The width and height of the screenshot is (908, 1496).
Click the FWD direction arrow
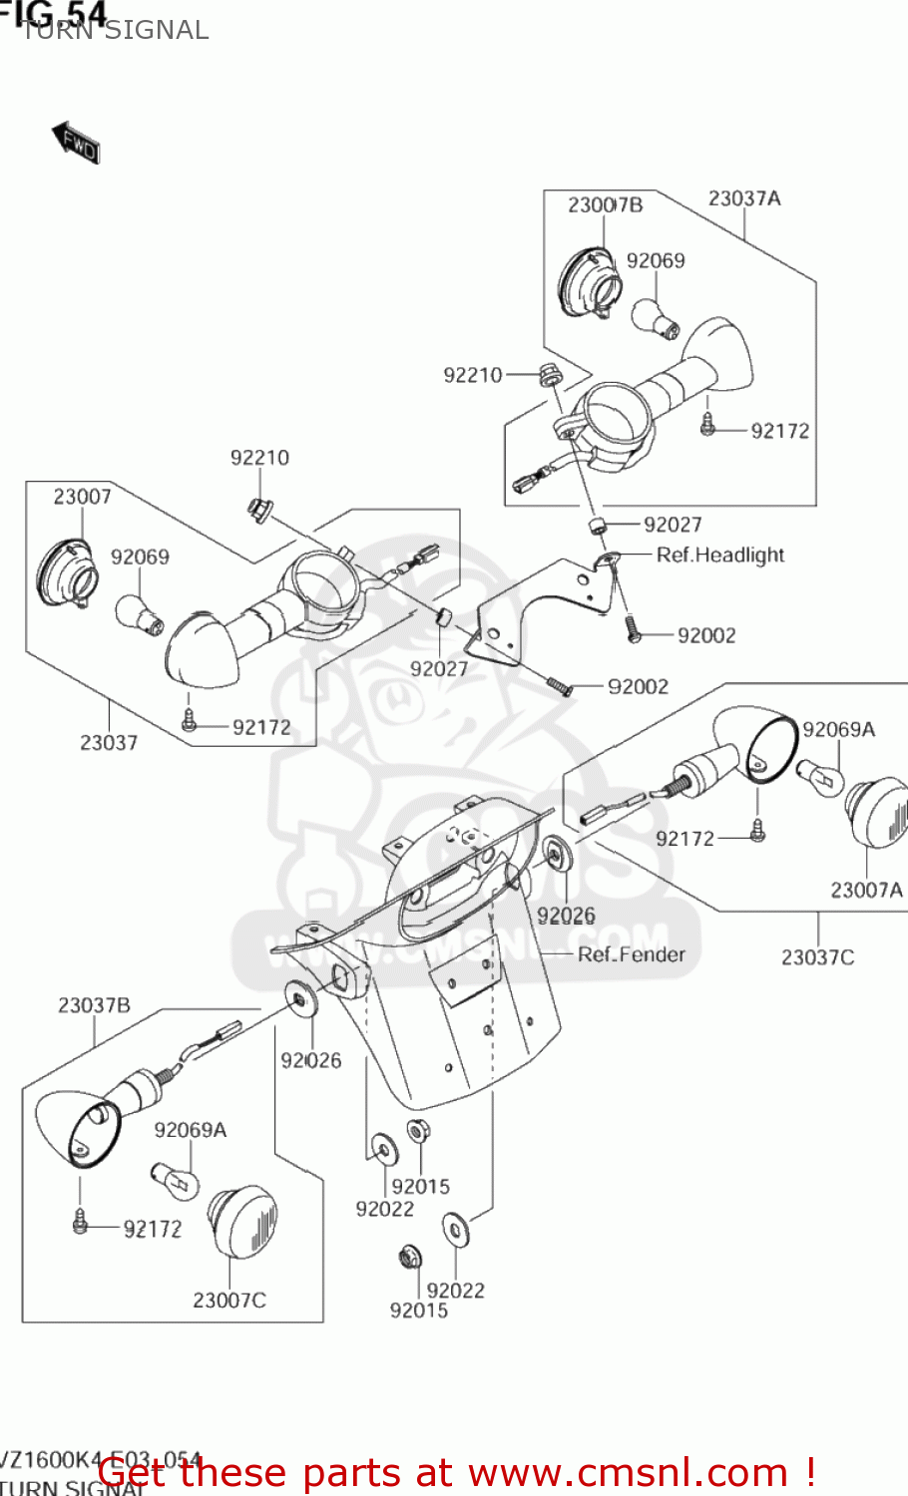(x=76, y=142)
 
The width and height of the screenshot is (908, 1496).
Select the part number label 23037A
(x=744, y=198)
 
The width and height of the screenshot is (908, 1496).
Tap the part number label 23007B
(x=605, y=205)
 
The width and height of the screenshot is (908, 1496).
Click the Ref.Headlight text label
(x=719, y=556)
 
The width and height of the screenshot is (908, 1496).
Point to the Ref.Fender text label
(x=632, y=954)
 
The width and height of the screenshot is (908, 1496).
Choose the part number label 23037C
(x=817, y=957)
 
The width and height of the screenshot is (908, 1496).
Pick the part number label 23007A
(x=866, y=890)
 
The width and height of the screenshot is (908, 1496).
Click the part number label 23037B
(x=94, y=1005)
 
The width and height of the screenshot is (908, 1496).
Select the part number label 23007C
(x=229, y=1301)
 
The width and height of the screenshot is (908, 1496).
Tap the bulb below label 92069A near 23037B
(x=175, y=1180)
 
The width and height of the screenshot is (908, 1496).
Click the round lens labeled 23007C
(x=243, y=1222)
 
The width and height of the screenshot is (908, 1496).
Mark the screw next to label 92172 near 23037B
(x=81, y=1222)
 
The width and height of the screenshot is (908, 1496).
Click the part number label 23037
(x=109, y=742)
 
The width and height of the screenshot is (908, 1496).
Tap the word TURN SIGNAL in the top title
(x=115, y=31)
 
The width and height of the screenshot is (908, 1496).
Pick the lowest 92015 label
(x=418, y=1310)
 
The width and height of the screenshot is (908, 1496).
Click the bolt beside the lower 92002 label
(x=561, y=686)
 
